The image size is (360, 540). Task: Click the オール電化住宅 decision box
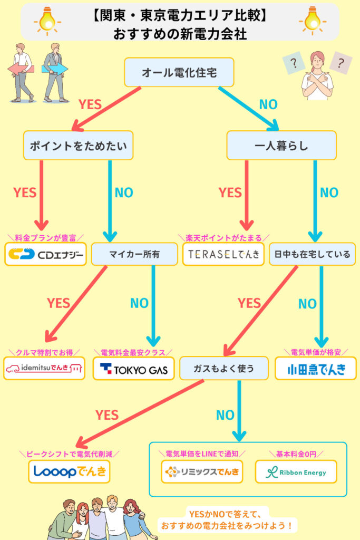coord(179,72)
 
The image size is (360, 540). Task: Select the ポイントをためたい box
coord(78,145)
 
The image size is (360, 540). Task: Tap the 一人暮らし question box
coord(281,145)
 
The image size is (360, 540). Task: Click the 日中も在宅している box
coord(313,254)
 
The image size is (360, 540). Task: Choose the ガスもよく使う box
coord(224,368)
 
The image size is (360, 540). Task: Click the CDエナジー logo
coord(45,254)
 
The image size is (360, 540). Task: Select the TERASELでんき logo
coord(223,254)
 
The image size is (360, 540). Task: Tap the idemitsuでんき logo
coord(44,368)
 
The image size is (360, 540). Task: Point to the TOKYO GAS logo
coord(133,368)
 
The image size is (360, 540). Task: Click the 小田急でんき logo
coord(315,368)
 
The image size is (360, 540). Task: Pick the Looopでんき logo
coord(70,471)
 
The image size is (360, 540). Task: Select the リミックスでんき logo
coord(202,471)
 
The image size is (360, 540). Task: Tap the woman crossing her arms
coord(317,76)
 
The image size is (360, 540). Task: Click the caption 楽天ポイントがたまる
coord(223,238)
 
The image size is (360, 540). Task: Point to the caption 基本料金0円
coord(296,454)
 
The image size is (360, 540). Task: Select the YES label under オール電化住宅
coord(90,104)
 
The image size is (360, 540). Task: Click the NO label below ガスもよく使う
coord(225,415)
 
